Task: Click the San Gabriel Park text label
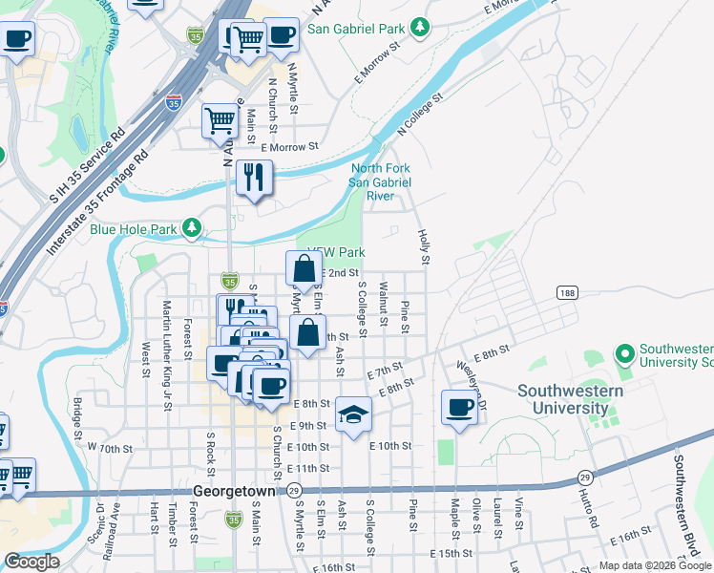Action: [x=358, y=30]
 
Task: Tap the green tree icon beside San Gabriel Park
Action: [x=420, y=30]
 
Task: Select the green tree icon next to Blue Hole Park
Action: [x=193, y=227]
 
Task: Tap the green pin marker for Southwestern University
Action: [x=625, y=355]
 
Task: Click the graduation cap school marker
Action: [x=353, y=414]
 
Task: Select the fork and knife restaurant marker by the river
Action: [x=253, y=178]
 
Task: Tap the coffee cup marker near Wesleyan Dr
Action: [x=459, y=408]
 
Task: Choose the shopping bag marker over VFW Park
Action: [x=304, y=269]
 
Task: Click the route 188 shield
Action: [x=567, y=293]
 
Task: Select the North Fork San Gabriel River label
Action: [x=380, y=181]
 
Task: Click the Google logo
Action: [x=31, y=562]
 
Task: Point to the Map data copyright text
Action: [x=653, y=565]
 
